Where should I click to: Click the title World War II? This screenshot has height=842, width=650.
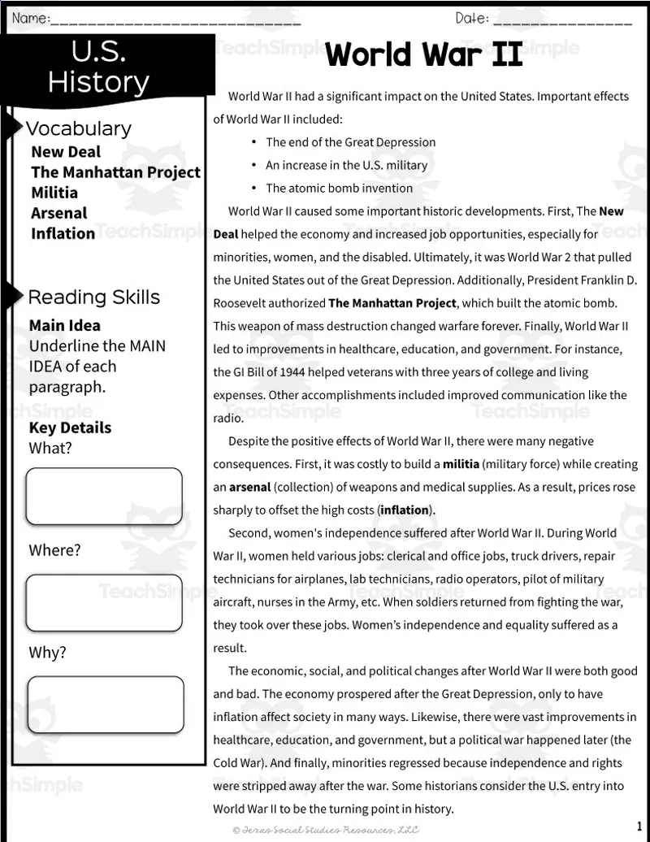(x=424, y=55)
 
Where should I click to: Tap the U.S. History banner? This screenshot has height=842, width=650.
(x=98, y=67)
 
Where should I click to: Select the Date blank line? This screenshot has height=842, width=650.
(x=561, y=20)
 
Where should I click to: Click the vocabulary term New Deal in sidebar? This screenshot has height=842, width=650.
(x=66, y=152)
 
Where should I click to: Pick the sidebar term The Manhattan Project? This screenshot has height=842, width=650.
(x=115, y=172)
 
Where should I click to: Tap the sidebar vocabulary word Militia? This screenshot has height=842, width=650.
(x=54, y=193)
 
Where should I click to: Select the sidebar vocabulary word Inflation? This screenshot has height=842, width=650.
(x=63, y=233)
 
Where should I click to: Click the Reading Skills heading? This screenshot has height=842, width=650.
(x=93, y=297)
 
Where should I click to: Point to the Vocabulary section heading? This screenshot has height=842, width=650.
(x=78, y=128)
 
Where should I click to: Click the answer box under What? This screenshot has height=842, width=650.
(x=104, y=496)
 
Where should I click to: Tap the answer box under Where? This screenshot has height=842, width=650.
(x=104, y=603)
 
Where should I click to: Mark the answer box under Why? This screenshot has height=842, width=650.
(x=106, y=705)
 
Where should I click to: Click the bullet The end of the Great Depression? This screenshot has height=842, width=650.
(x=350, y=142)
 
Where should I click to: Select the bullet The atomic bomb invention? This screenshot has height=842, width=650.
(x=339, y=188)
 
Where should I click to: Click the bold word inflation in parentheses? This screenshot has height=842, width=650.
(x=405, y=510)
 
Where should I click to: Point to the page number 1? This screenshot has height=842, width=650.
(x=639, y=826)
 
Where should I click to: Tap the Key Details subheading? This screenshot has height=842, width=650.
(x=70, y=428)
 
